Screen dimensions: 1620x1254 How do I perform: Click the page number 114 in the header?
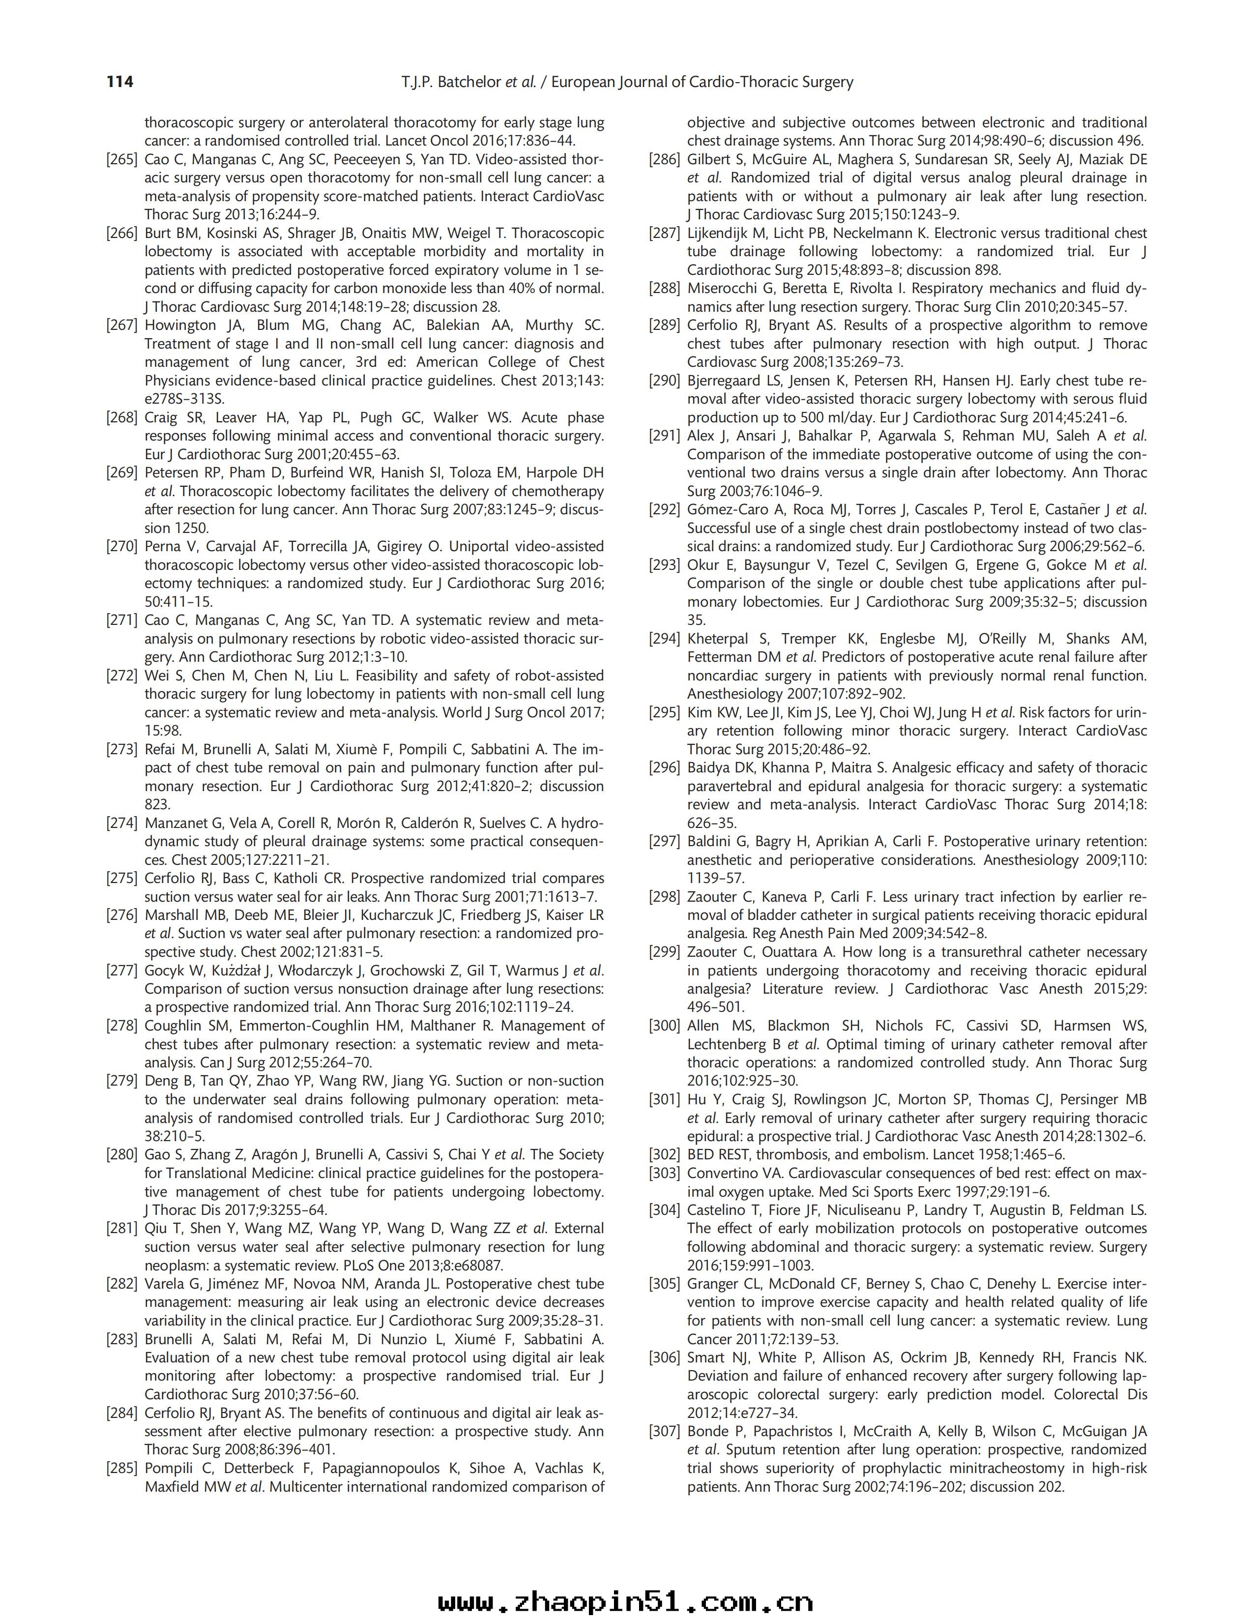120,82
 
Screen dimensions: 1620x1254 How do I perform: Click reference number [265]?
122,159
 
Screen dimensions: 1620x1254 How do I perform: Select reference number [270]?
122,547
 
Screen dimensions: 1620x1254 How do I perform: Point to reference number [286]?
665,159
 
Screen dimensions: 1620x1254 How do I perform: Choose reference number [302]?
665,1155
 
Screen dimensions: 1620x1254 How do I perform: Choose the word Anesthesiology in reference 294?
731,694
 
